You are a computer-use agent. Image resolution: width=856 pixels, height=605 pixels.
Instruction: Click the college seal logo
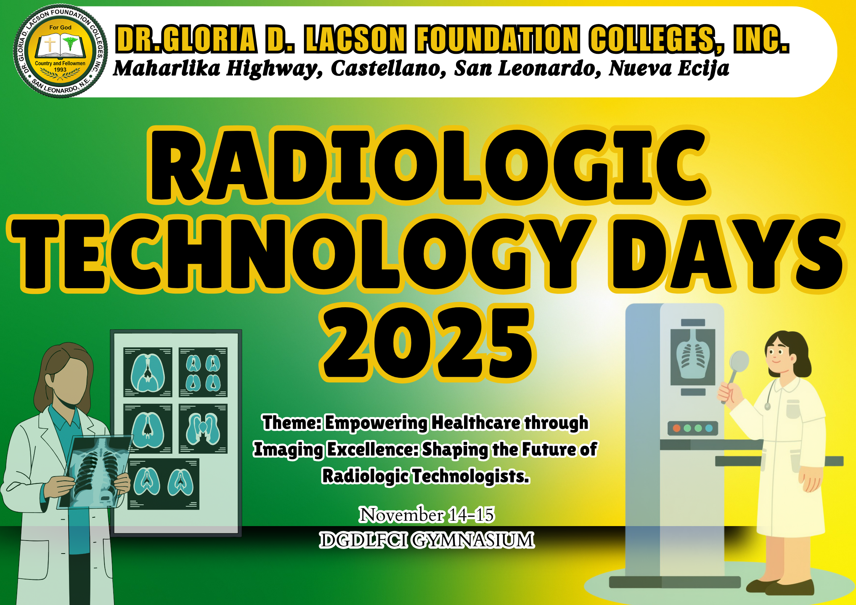pos(60,51)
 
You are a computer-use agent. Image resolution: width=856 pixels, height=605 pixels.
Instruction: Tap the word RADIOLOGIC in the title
pos(429,165)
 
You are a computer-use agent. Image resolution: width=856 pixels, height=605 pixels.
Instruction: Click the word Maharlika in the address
pos(167,69)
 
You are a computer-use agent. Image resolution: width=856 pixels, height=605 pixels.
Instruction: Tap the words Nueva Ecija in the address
pos(668,69)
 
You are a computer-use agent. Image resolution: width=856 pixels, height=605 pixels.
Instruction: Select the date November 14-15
pos(427,515)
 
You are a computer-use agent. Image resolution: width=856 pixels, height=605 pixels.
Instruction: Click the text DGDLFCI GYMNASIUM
pos(427,540)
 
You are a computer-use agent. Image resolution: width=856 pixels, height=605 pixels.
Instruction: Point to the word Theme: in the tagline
pos(292,422)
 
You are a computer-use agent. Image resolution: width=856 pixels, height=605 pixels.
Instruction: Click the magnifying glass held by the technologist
pos(739,362)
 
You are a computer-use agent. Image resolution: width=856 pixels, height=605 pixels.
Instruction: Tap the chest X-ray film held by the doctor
pos(97,472)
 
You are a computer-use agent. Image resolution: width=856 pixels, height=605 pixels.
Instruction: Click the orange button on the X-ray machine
pos(677,428)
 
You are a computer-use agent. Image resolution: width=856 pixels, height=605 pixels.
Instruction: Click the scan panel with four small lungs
pos(203,372)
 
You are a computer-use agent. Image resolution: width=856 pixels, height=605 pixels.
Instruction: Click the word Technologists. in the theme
pos(471,476)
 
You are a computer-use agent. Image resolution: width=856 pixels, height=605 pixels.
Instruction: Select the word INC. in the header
pos(761,39)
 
